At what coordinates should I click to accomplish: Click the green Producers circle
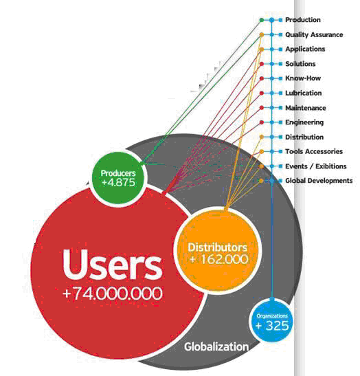(x=119, y=177)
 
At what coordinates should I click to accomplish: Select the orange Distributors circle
(x=218, y=250)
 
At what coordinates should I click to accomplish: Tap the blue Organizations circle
(x=271, y=321)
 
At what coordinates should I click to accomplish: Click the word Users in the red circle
(x=113, y=265)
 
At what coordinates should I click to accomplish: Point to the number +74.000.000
(x=113, y=293)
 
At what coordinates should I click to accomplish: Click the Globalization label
(x=216, y=347)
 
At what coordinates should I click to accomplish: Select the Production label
(x=303, y=20)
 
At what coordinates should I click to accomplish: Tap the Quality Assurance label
(x=314, y=35)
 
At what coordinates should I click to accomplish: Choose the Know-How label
(x=303, y=78)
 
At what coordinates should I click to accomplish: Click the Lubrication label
(x=303, y=93)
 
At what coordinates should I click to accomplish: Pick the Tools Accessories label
(x=314, y=151)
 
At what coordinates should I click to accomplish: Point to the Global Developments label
(x=319, y=181)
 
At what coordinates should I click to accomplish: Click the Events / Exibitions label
(x=315, y=166)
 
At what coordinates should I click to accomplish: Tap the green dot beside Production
(x=262, y=20)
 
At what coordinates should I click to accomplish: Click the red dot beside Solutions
(x=262, y=64)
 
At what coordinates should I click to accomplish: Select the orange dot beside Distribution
(x=262, y=137)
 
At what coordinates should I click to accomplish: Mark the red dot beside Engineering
(x=262, y=122)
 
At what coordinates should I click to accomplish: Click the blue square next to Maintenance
(x=281, y=108)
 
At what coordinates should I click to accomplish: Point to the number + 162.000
(x=218, y=259)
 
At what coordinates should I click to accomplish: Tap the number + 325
(x=272, y=326)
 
